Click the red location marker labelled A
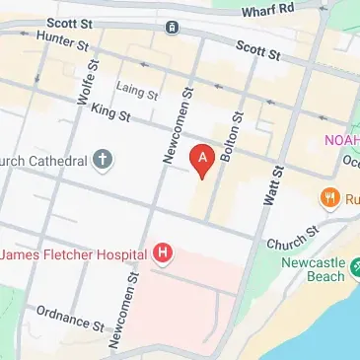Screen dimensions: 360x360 (202, 159)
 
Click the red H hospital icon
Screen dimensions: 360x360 (163, 254)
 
